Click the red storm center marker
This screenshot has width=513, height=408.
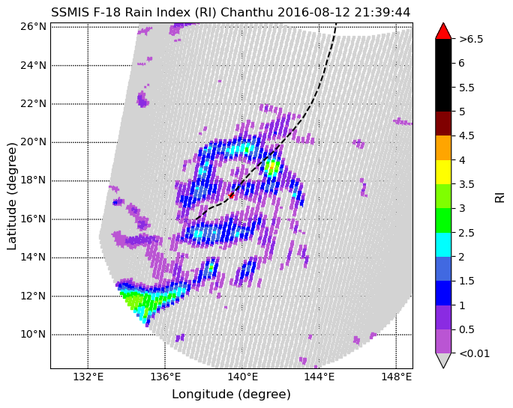(x=231, y=195)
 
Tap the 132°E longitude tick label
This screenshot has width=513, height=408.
(x=88, y=377)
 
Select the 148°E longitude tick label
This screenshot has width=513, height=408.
(x=397, y=377)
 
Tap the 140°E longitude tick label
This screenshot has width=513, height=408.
(x=242, y=377)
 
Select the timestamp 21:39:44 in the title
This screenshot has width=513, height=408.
(x=384, y=12)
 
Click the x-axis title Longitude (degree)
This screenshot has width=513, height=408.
(x=231, y=395)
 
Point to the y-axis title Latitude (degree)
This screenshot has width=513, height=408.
(x=12, y=195)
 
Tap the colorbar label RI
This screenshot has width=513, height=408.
(x=499, y=195)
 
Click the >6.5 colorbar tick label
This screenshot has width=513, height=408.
(x=472, y=39)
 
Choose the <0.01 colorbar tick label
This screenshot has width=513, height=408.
(x=474, y=353)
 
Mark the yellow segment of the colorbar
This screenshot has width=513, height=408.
(x=443, y=171)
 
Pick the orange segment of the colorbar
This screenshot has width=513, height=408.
(x=443, y=147)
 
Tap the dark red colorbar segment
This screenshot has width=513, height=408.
(x=443, y=124)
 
